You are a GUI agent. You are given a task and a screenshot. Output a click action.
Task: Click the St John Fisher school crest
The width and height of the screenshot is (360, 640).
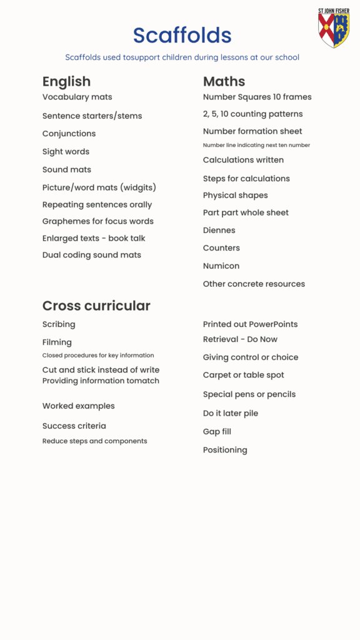(x=333, y=28)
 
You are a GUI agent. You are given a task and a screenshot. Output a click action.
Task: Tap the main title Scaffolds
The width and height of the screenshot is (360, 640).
(x=182, y=35)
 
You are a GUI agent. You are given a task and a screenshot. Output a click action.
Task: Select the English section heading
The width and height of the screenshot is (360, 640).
(x=66, y=81)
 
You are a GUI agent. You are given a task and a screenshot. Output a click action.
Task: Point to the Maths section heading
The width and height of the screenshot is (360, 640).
(x=224, y=81)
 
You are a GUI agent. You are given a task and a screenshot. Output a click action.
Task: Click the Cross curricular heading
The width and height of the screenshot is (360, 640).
(x=96, y=306)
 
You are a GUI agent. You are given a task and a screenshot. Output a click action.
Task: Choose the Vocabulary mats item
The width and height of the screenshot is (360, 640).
(x=77, y=97)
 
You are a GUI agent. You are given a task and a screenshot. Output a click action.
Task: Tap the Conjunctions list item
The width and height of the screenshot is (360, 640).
(x=69, y=134)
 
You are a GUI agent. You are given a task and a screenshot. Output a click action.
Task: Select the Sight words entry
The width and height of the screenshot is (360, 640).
(x=66, y=152)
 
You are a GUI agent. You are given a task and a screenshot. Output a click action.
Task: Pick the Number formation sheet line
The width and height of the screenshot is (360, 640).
(x=252, y=131)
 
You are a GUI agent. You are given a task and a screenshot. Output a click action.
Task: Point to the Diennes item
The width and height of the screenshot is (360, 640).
(x=219, y=231)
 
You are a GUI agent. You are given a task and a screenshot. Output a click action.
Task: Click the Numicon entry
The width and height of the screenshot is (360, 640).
(x=221, y=266)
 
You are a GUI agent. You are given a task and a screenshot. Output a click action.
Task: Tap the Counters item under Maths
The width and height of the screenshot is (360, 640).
(x=221, y=248)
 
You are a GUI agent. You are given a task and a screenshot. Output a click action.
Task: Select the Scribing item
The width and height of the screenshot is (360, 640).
(x=59, y=324)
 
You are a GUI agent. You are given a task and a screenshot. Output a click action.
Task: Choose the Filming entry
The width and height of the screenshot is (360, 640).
(x=57, y=342)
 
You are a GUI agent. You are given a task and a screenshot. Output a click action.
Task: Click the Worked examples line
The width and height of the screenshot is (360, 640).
(x=78, y=406)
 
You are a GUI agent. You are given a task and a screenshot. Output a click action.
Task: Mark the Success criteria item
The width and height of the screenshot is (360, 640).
(x=74, y=426)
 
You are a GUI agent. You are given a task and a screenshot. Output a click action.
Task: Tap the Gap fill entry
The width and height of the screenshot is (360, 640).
(x=217, y=432)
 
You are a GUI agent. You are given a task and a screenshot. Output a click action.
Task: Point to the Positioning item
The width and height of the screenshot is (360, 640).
(x=224, y=450)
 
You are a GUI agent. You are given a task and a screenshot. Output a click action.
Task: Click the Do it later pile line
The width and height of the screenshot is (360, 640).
(x=230, y=414)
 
